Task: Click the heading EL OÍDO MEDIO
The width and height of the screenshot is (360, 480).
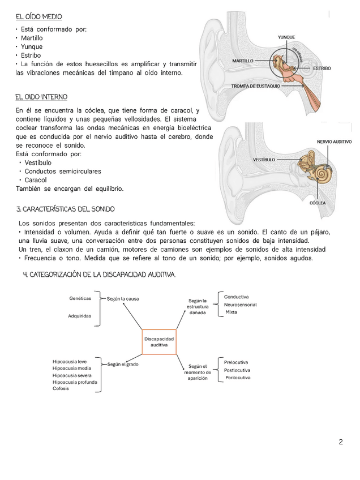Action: [39, 17]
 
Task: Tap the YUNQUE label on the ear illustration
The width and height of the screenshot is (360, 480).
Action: [286, 37]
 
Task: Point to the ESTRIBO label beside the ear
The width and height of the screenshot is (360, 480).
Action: [322, 68]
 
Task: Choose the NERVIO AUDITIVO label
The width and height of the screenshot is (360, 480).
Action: [334, 142]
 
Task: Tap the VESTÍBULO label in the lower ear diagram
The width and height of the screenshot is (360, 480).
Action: [264, 160]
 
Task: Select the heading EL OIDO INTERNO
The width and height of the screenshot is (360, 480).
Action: [41, 97]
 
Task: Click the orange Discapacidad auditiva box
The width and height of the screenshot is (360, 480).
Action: [159, 341]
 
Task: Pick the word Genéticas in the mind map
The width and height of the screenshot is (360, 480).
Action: [80, 298]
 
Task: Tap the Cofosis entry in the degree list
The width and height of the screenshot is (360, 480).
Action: [61, 388]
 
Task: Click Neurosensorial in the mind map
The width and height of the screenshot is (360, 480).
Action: [241, 305]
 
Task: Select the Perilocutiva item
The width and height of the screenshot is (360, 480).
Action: [238, 378]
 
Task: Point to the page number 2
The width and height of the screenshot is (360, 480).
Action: [341, 442]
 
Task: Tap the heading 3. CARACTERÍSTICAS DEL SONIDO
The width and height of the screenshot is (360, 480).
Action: [66, 209]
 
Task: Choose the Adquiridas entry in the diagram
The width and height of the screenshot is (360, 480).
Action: [80, 316]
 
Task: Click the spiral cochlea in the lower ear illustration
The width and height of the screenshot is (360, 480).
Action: [324, 173]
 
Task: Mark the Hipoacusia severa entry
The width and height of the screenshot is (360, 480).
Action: [72, 375]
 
